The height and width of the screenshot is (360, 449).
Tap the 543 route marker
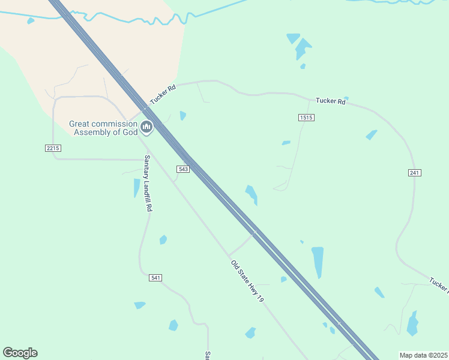click(184, 169)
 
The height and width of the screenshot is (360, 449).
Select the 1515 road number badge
click(306, 118)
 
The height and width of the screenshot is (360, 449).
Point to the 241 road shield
click(414, 173)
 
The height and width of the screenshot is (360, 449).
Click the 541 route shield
click(155, 278)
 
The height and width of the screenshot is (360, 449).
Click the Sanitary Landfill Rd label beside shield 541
click(147, 183)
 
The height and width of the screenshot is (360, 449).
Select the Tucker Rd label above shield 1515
click(331, 101)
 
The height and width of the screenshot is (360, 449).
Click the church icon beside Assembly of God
click(147, 127)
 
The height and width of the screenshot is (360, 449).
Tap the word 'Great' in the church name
click(82, 124)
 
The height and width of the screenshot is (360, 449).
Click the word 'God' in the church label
click(130, 133)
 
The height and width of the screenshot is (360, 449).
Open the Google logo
click(20, 353)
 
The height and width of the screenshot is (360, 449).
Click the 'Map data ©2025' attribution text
click(423, 355)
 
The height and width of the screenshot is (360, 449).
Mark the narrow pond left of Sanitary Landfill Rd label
click(136, 188)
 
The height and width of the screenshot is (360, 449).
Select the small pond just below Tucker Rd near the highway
click(182, 115)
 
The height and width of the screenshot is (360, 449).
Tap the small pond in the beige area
click(30, 21)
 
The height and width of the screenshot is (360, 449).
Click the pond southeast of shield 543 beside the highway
click(252, 194)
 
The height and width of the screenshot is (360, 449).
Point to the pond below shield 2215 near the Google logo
click(139, 305)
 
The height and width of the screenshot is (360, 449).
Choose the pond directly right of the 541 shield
click(163, 240)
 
